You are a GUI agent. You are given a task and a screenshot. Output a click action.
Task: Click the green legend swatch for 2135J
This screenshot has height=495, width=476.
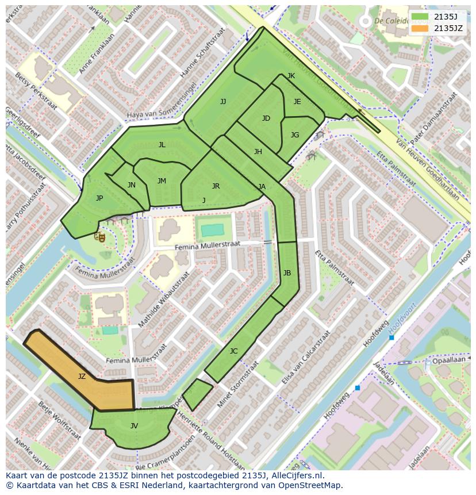[420, 17]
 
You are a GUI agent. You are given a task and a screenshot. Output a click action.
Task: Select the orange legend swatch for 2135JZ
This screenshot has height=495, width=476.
[420, 28]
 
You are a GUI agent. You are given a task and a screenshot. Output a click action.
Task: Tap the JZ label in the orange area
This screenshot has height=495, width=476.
[82, 377]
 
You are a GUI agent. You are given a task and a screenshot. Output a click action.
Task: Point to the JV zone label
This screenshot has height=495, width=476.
[134, 426]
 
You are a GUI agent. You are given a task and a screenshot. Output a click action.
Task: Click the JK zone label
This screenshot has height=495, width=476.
[291, 76]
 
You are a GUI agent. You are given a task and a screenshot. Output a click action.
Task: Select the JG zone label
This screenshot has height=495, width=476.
[295, 135]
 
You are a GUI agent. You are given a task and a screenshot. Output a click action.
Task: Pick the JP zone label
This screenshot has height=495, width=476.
[99, 198]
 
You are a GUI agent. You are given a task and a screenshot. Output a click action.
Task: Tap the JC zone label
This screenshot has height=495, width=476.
[233, 351]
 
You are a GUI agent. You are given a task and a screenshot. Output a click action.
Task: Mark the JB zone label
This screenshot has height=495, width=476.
[287, 273]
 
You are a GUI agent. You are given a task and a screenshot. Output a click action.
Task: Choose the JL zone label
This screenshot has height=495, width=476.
[162, 145]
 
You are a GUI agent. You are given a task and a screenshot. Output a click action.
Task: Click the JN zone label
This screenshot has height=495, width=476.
[132, 185]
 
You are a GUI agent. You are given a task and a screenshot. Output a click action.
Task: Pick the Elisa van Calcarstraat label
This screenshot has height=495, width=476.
[304, 358]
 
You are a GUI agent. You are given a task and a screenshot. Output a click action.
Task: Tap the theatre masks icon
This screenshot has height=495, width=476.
[100, 236]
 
